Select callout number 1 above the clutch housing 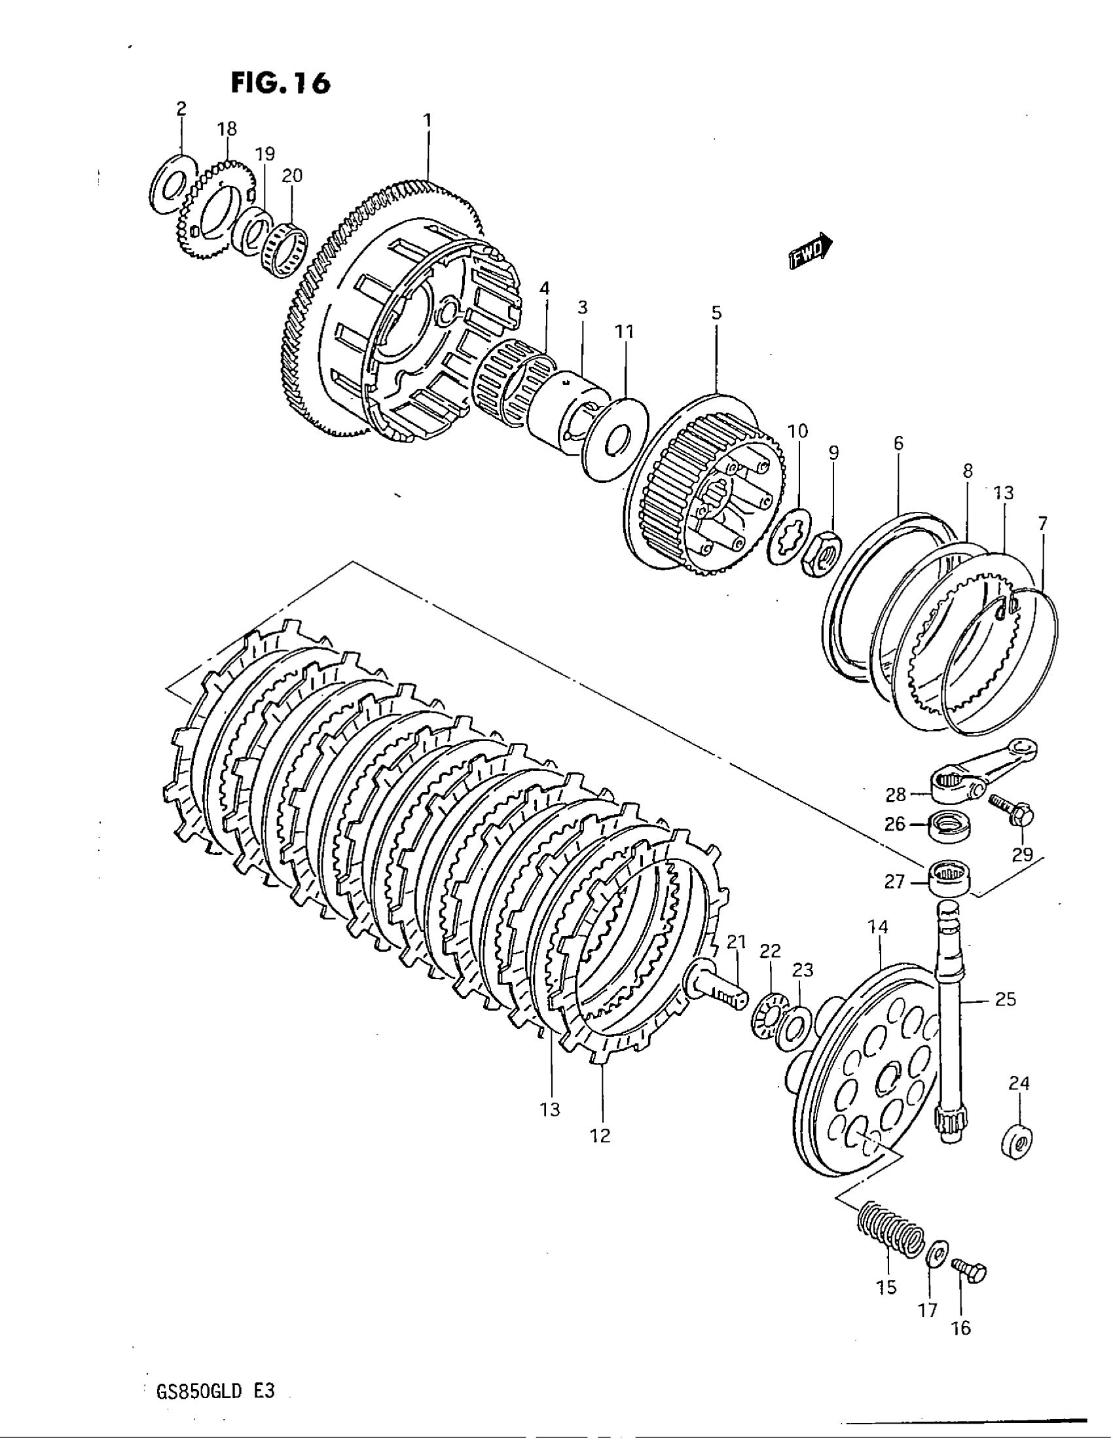click(x=428, y=120)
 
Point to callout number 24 click(x=1019, y=1083)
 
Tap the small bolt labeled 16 click(x=970, y=1270)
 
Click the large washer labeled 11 click(x=617, y=438)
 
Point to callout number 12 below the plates click(x=601, y=1136)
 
